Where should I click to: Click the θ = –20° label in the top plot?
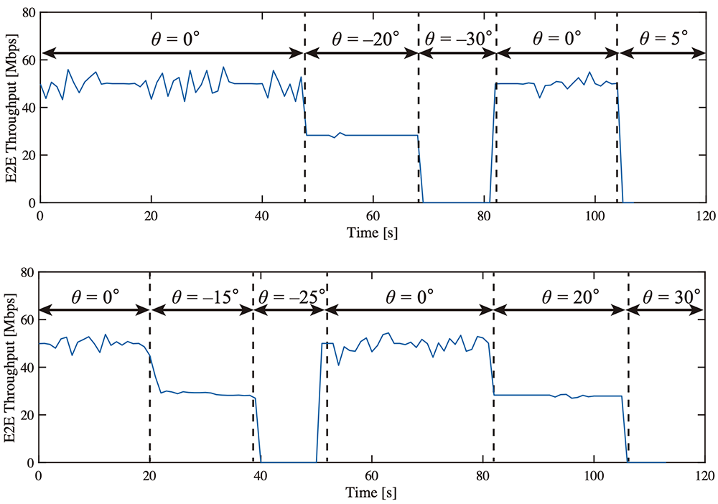[361, 37]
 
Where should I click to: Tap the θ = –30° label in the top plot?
[457, 37]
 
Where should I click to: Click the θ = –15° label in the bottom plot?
[201, 297]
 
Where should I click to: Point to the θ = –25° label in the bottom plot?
[290, 297]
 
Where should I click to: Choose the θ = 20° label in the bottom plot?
[560, 297]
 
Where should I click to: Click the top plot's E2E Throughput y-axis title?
[12, 108]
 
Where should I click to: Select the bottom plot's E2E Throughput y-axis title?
[12, 368]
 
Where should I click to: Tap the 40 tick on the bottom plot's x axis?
[261, 476]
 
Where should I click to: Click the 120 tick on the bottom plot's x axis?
[705, 476]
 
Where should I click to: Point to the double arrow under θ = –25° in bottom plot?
[290, 311]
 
